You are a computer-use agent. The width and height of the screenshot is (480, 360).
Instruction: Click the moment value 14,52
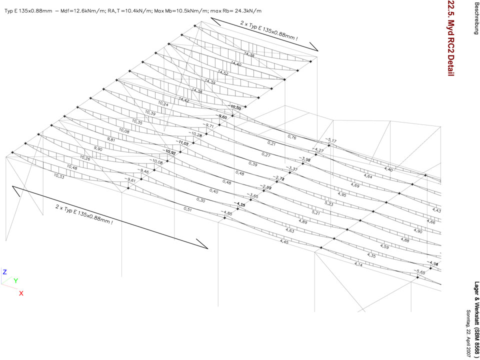click(220, 73)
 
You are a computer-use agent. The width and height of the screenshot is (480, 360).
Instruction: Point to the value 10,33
click(59, 176)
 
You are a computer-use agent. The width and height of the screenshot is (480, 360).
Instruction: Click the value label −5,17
click(331, 140)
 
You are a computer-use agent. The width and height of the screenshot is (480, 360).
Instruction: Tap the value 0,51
click(188, 208)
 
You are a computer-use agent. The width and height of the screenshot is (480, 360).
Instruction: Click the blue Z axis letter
click(4, 272)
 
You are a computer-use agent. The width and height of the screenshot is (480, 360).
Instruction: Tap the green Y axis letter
click(15, 281)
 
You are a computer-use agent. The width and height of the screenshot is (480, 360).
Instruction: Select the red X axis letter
click(21, 293)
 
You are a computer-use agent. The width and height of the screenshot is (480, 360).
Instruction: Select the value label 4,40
click(388, 170)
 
